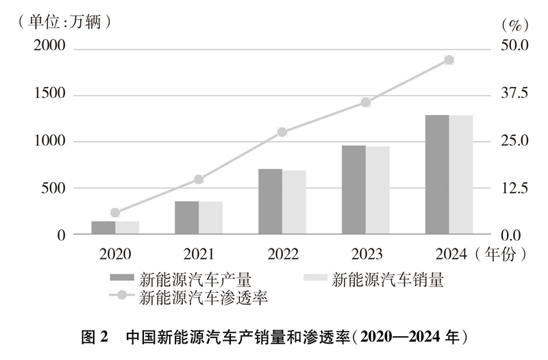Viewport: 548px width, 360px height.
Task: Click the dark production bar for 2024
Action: click(437, 175)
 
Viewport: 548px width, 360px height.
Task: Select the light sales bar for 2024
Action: click(461, 175)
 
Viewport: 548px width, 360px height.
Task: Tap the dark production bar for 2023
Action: click(353, 190)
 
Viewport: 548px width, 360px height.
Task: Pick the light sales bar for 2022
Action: click(294, 202)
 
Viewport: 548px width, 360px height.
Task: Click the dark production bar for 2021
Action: click(186, 218)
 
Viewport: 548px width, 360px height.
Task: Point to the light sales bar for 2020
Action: click(127, 227)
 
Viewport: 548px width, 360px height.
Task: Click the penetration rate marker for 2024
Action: click(449, 60)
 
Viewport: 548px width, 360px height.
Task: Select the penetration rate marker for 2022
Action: click(282, 132)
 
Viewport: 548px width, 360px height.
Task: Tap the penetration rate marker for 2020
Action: click(115, 213)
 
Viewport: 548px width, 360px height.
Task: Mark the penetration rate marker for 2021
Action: click(199, 179)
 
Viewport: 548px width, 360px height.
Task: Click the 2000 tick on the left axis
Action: click(50, 47)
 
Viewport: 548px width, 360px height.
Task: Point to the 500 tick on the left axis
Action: click(55, 188)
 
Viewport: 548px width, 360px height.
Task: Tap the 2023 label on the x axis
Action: click(366, 255)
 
